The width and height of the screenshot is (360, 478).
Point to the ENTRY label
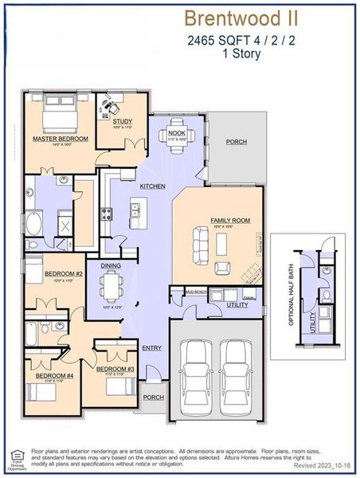[151, 347]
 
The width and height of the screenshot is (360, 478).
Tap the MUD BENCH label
[196, 292]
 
